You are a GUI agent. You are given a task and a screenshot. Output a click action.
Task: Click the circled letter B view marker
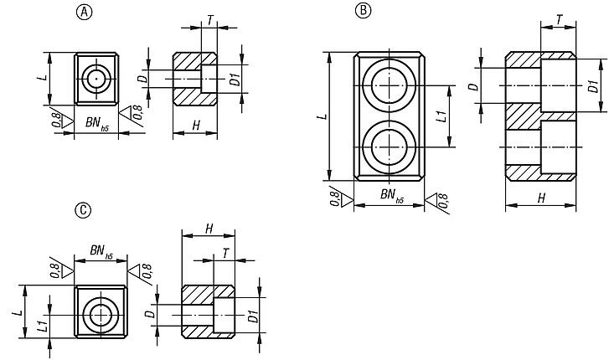362,10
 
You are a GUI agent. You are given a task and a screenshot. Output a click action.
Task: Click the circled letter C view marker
82,211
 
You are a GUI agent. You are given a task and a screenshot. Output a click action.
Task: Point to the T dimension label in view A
209,18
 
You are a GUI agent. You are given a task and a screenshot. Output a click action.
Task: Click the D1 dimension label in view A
236,80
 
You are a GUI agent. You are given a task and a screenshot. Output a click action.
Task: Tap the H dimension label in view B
541,198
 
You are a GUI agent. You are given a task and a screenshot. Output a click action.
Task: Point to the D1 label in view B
593,86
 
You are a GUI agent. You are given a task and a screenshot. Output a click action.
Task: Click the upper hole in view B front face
390,86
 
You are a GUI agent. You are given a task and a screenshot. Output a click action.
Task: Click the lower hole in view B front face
390,146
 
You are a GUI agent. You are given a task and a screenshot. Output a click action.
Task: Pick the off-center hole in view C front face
102,316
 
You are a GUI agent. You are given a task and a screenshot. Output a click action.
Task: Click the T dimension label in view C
224,252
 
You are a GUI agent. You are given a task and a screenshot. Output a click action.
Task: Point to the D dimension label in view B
473,86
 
